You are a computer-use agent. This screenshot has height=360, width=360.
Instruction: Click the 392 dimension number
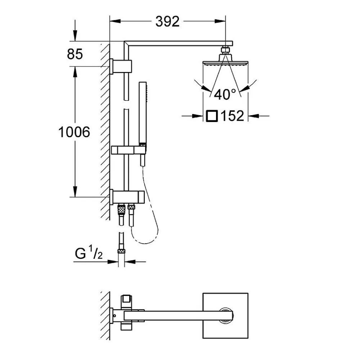point(167,22)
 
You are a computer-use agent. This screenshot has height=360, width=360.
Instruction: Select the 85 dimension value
point(75,54)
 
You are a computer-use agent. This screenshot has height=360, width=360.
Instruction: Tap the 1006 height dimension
point(74,132)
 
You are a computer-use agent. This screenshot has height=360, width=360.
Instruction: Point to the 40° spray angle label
point(225,94)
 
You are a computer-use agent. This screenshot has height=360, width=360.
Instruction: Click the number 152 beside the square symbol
point(232,116)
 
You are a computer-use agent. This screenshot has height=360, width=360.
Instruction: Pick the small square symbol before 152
point(212,116)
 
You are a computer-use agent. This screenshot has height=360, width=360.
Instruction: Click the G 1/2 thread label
point(89,253)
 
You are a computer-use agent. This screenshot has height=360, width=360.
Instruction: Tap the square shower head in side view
point(225,62)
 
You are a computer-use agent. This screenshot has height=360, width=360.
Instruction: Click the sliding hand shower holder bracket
point(129,150)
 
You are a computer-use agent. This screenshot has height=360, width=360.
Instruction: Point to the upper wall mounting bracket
point(121,66)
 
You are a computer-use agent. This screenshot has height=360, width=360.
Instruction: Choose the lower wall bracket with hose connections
point(127,197)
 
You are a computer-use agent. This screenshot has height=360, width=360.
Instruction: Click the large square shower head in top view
point(225,316)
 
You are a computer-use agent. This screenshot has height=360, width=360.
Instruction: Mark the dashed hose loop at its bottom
point(145,243)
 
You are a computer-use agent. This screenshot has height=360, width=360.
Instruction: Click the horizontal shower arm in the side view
point(179,44)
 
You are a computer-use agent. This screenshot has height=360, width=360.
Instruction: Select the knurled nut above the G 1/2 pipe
point(121,251)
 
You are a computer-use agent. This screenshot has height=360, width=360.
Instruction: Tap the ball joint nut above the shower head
point(226,50)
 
